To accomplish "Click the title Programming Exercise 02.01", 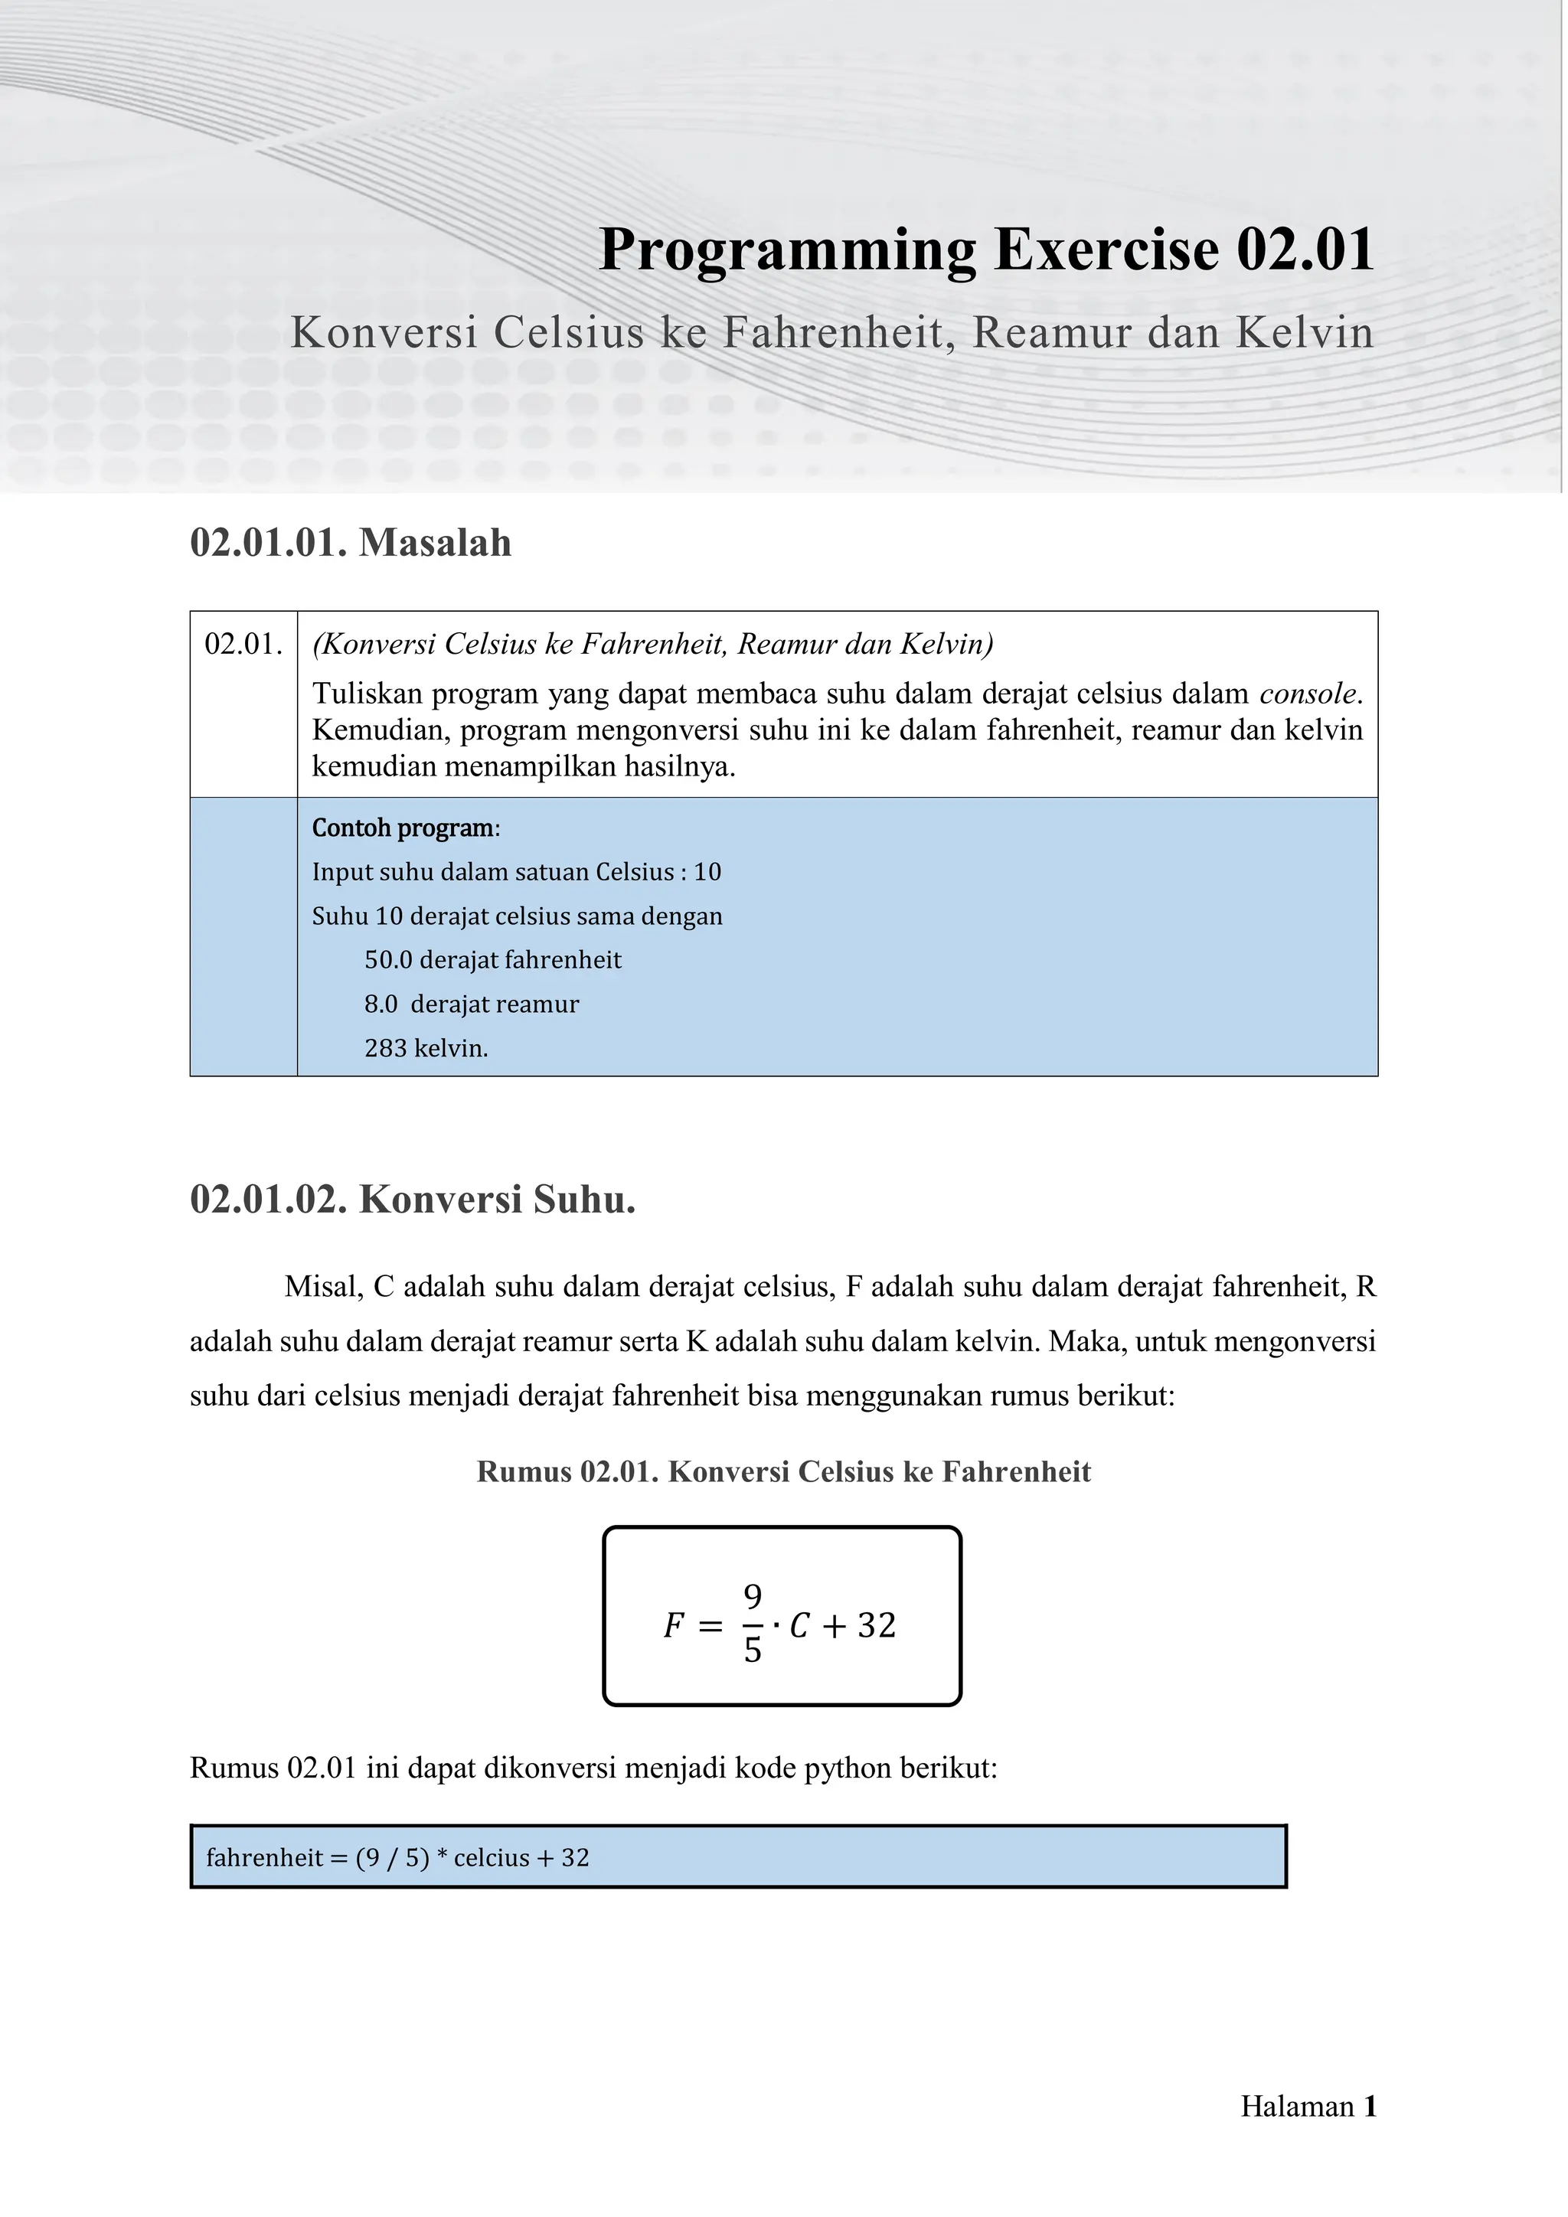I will pos(986,250).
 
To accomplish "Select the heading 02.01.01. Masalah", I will pos(351,543).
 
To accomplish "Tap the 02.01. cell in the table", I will pos(243,644).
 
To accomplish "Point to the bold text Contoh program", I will pos(402,828).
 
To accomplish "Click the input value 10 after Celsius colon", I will pos(707,872).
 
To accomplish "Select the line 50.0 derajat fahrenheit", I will pos(492,960).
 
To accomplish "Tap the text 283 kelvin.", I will pos(426,1048).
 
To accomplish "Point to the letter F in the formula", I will pos(674,1626).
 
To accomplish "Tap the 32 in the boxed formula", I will pos(877,1625).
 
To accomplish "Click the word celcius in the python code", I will pos(492,1858).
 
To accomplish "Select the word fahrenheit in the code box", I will pos(265,1858).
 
